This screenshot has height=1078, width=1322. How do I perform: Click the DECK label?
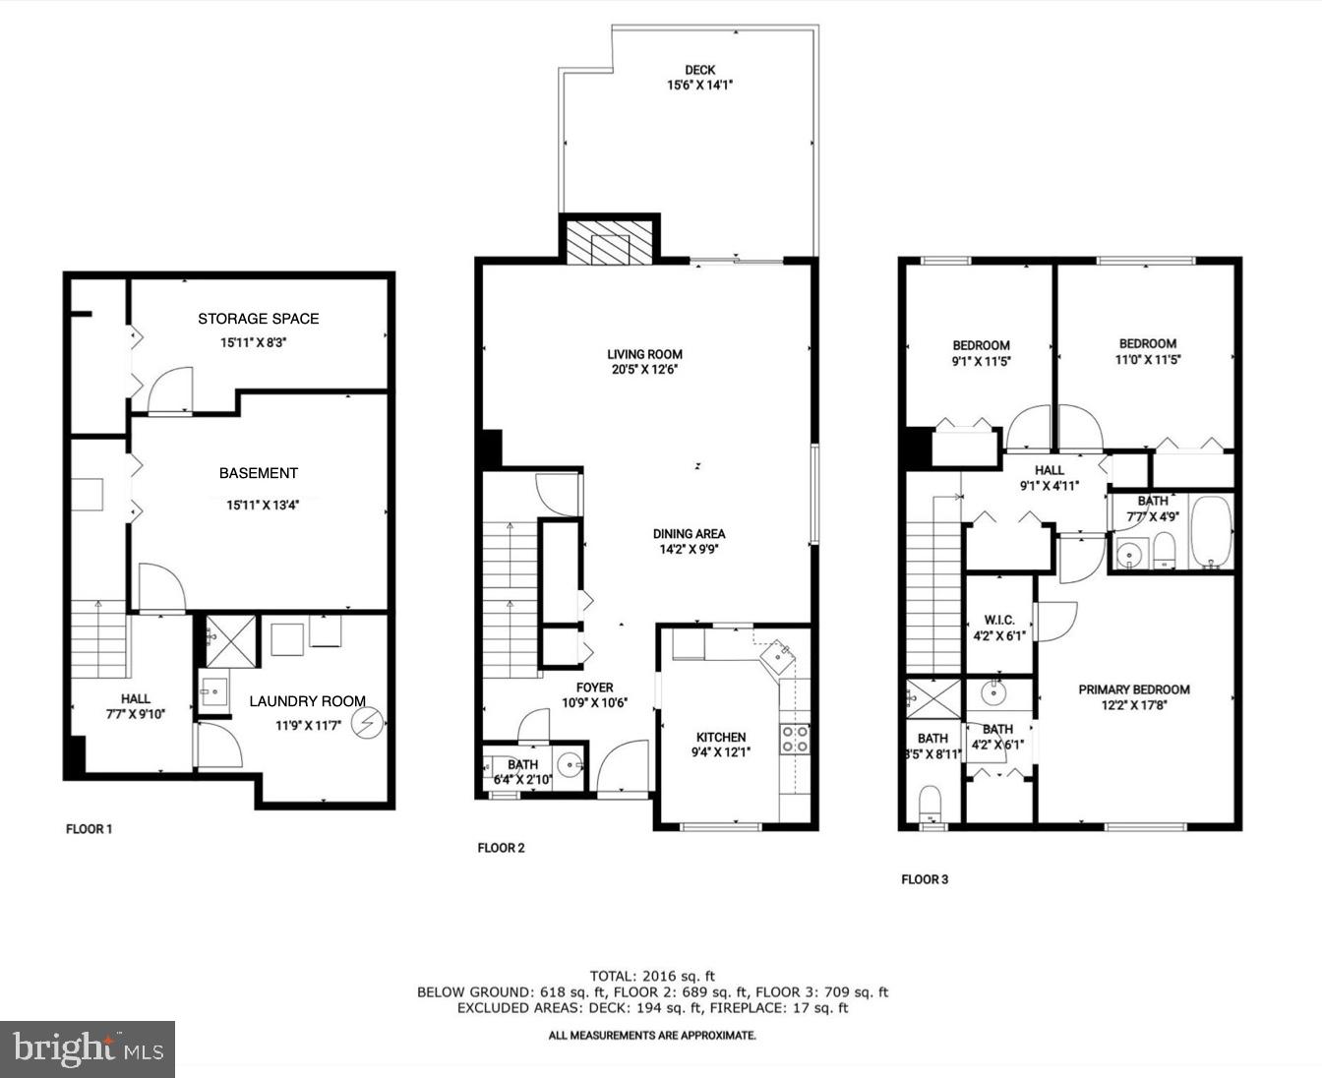coord(699,70)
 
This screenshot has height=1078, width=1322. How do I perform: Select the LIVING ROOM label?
coord(644,354)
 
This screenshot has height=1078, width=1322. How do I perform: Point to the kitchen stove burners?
coord(796,739)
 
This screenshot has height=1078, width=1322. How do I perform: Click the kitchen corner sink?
coord(780,652)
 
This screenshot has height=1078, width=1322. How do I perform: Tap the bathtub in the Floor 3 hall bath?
coord(1211,532)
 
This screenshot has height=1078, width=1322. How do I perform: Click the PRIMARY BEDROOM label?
coord(1133,689)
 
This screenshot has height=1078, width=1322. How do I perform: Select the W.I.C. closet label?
coord(998,621)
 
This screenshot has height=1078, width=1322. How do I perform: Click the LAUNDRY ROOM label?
coord(307,701)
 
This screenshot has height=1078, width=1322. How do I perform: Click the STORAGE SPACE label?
coord(258,319)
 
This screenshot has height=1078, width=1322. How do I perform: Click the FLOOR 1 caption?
coord(89,829)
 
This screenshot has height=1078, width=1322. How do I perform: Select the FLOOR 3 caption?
coord(925,879)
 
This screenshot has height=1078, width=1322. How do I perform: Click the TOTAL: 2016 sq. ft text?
coord(652,976)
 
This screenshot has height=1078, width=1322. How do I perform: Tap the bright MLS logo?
coord(88,1049)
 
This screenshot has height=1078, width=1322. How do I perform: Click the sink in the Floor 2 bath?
coord(570,763)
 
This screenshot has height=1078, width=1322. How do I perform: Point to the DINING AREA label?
coord(689,534)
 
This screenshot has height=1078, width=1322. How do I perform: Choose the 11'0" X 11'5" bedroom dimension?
coord(1147,360)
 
